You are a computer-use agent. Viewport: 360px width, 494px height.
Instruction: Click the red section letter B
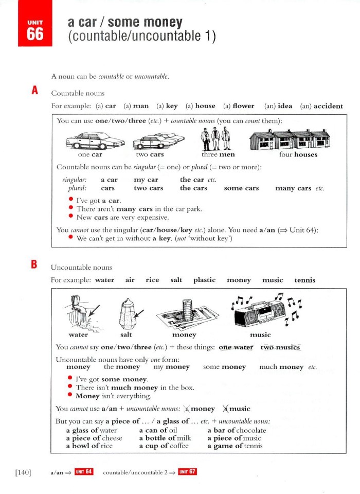34,265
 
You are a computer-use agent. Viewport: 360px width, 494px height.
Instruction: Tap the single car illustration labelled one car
90,140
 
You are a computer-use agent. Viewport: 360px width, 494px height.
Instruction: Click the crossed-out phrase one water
236,347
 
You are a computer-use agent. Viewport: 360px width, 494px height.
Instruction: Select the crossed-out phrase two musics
280,347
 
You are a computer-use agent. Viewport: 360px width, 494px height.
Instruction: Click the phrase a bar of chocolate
237,430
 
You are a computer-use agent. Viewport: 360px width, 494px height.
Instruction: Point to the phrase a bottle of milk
165,438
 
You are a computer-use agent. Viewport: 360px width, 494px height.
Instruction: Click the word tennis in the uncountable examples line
305,280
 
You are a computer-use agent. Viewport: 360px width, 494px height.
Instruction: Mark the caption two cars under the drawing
150,154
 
